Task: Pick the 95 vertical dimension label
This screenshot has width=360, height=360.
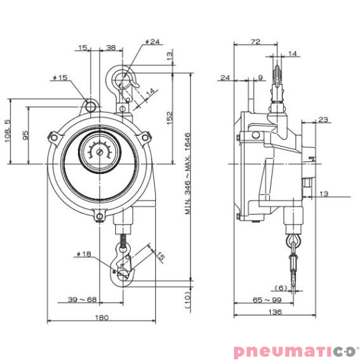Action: point(25,135)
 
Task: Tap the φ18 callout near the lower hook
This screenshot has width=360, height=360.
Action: point(83,253)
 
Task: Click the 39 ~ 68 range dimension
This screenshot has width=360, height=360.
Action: point(82,299)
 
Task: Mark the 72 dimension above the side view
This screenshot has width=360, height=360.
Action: point(254,41)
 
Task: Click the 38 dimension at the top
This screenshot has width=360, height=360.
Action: point(111,47)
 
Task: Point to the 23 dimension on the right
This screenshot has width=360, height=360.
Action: point(324,120)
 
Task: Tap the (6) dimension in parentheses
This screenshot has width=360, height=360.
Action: point(282,288)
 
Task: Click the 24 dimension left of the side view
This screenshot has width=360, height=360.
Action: point(225,78)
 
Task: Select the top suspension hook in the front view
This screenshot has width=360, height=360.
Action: point(125,80)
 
